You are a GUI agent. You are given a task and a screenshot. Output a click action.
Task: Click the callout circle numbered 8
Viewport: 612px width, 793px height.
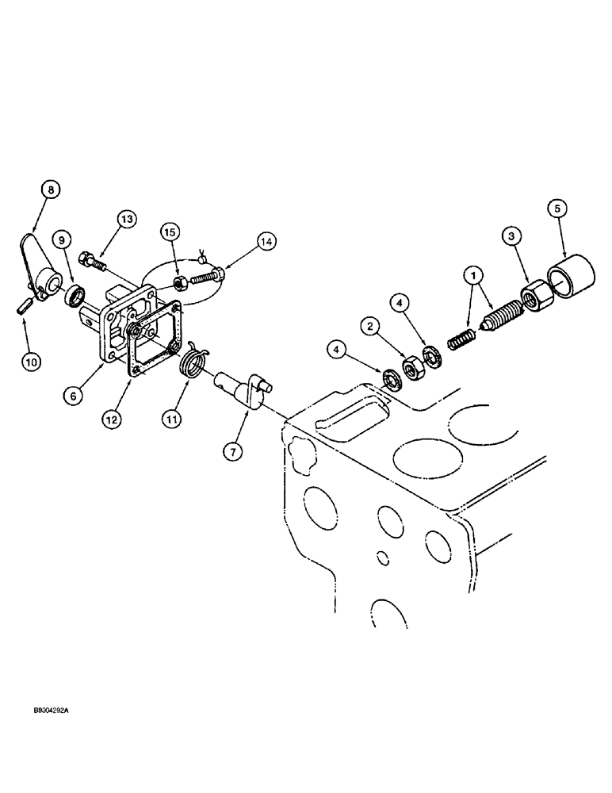(x=51, y=190)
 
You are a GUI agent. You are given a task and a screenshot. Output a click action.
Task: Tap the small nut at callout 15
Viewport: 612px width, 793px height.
(x=180, y=282)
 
